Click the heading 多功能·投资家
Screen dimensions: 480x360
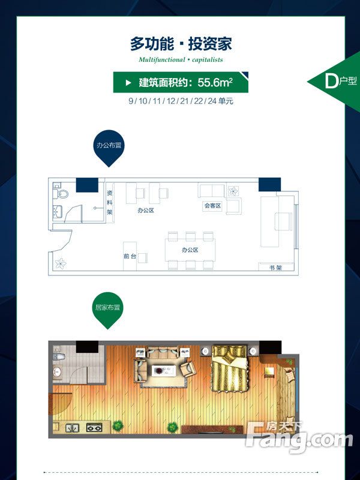pyautogui.click(x=181, y=44)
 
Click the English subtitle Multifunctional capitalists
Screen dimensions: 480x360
pyautogui.click(x=181, y=60)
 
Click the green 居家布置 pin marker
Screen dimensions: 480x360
pyautogui.click(x=108, y=310)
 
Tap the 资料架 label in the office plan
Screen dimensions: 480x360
pyautogui.click(x=110, y=203)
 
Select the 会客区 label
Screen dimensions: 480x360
pyautogui.click(x=212, y=206)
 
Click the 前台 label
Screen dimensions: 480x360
pyautogui.click(x=130, y=256)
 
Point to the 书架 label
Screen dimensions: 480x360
pyautogui.click(x=275, y=267)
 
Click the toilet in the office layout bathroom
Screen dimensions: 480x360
pyautogui.click(x=63, y=194)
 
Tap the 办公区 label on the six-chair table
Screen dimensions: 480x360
pyautogui.click(x=190, y=250)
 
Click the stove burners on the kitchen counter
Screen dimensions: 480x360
pyautogui.click(x=94, y=428)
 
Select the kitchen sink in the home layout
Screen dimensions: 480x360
pyautogui.click(x=72, y=428)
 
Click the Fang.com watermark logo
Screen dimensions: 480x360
pyautogui.click(x=300, y=438)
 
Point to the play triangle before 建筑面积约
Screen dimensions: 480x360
pyautogui.click(x=127, y=82)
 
